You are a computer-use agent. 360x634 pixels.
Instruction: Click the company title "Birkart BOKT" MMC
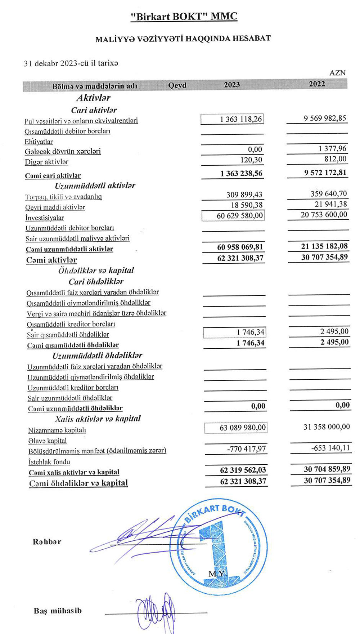click(x=184, y=17)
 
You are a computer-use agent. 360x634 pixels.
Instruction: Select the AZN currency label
click(x=337, y=73)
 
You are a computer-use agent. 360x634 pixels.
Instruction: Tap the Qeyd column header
click(x=177, y=85)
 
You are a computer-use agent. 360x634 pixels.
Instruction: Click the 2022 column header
click(x=317, y=84)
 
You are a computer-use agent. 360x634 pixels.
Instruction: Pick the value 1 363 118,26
click(x=241, y=119)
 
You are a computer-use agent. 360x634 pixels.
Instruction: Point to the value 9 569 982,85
click(x=325, y=118)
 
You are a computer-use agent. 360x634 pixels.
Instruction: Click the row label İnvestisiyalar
click(x=45, y=218)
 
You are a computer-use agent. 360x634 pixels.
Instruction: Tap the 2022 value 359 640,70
click(x=329, y=194)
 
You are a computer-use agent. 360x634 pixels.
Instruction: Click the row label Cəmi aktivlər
click(x=51, y=260)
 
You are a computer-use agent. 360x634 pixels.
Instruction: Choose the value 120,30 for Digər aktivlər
click(x=251, y=160)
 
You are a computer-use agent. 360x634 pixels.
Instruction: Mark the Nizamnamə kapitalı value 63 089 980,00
click(x=243, y=428)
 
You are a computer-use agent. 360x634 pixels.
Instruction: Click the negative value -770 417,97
click(x=246, y=449)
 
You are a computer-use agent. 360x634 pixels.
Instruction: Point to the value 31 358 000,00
click(x=327, y=427)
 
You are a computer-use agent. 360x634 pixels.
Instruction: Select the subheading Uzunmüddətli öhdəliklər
click(x=97, y=356)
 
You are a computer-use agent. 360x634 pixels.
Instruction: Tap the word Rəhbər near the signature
click(x=47, y=542)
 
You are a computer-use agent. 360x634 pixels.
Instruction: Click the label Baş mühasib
click(x=58, y=611)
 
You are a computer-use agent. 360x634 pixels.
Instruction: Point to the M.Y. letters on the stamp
click(x=217, y=573)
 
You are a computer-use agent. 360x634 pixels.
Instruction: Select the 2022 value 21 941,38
click(x=330, y=204)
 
